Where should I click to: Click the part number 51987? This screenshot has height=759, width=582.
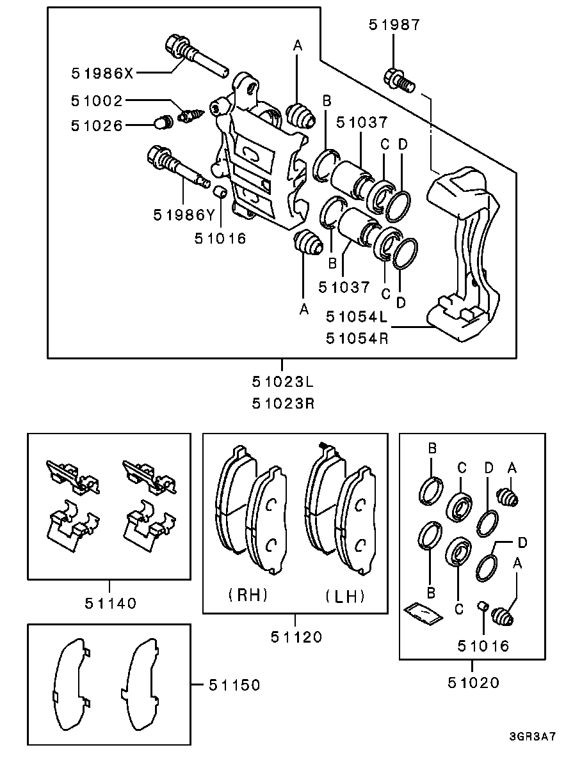click(394, 25)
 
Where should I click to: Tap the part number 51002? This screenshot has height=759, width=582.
click(97, 101)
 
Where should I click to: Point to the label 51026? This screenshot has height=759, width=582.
click(97, 125)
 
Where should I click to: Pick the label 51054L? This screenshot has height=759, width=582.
click(357, 316)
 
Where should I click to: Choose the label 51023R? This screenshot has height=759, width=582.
click(282, 403)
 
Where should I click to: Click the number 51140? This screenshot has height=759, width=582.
click(110, 602)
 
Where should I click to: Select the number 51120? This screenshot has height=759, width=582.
click(295, 637)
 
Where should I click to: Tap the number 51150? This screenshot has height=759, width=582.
click(234, 685)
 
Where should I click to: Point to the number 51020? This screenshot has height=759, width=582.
click(473, 682)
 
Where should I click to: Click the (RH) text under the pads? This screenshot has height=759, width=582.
click(248, 595)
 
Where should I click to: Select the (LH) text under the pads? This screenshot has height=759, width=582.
click(344, 597)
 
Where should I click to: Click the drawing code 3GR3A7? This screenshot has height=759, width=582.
click(533, 736)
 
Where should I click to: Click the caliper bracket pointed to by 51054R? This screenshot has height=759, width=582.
click(464, 256)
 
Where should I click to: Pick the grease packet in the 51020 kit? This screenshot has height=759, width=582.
click(423, 613)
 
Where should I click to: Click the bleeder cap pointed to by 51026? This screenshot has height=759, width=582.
click(165, 121)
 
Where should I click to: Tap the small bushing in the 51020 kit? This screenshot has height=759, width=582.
click(484, 606)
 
